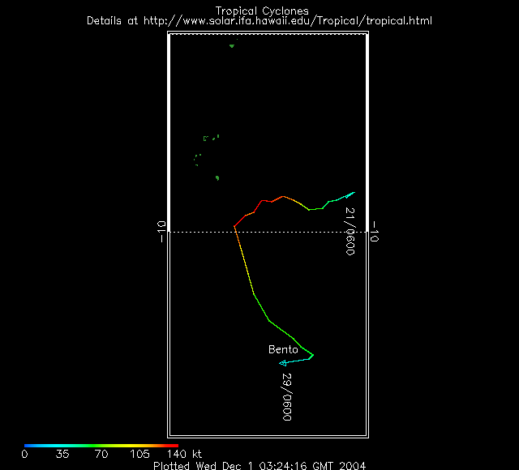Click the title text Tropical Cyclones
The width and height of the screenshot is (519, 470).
click(261, 11)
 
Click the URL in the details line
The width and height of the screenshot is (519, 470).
click(287, 20)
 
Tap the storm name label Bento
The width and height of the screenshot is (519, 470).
click(283, 349)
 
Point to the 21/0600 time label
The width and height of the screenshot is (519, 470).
click(350, 231)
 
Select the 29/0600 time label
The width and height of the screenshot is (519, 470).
click(286, 396)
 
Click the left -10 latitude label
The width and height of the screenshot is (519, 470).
click(161, 232)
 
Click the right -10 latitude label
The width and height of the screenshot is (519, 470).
click(375, 232)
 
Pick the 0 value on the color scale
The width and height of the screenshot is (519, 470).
click(24, 455)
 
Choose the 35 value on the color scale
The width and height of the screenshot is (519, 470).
click(62, 455)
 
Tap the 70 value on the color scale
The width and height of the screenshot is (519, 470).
click(101, 455)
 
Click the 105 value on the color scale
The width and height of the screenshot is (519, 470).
click(139, 455)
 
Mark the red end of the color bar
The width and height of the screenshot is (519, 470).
click(176, 446)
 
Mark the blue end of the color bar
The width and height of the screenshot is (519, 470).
click(26, 446)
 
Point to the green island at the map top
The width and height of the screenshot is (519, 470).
click(232, 45)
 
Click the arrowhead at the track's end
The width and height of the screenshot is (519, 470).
click(281, 364)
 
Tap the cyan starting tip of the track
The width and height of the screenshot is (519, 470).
click(354, 193)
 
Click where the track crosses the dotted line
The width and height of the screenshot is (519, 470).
click(235, 232)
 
